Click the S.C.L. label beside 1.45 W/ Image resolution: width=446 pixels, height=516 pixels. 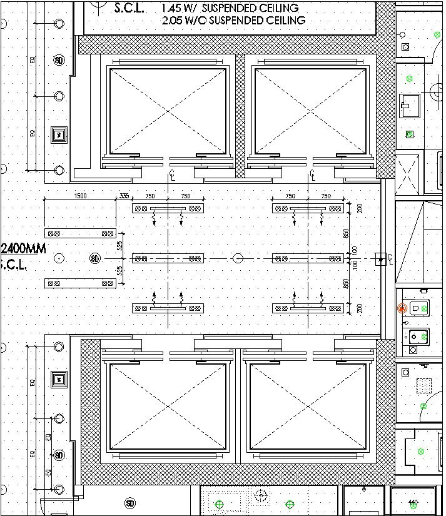pos(130,8)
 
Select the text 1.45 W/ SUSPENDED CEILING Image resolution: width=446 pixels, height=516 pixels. pos(230,8)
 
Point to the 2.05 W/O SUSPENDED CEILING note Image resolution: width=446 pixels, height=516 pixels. pos(233,21)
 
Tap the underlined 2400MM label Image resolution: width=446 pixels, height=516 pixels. pos(23,248)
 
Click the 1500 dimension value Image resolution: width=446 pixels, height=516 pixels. pos(80,196)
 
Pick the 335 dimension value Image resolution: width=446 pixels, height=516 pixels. pos(124,196)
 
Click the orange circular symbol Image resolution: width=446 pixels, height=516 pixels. pos(402,308)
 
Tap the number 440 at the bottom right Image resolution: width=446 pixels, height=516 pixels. pos(413,502)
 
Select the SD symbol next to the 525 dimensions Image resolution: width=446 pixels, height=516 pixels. pos(95,258)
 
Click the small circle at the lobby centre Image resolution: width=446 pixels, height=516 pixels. pos(238,258)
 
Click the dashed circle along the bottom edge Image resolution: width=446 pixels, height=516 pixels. pos(261,495)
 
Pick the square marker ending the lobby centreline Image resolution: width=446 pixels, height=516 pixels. pos(380,258)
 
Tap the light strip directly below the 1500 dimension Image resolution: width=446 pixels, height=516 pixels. pos(80,233)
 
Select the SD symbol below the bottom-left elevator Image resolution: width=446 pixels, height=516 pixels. pos(129,503)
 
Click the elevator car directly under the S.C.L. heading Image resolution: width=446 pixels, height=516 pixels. pos(168,111)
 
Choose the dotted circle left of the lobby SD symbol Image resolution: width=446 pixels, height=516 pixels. pos(59,258)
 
